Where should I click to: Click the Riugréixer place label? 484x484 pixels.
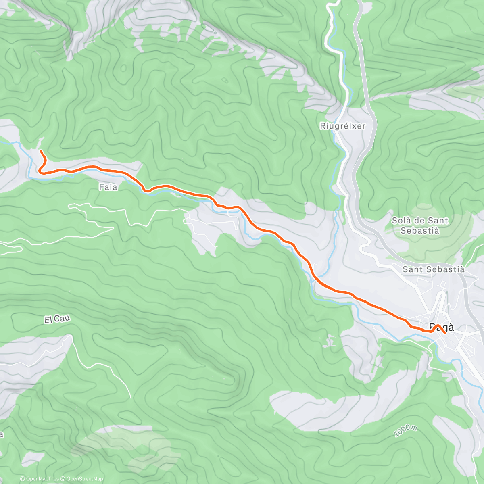click(x=342, y=126)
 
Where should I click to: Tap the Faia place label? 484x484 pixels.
click(x=108, y=187)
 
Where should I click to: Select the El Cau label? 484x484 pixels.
click(x=57, y=319)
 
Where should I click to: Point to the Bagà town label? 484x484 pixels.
click(x=441, y=327)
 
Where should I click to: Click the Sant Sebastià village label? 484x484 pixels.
click(x=434, y=269)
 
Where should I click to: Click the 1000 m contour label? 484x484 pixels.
click(x=405, y=430)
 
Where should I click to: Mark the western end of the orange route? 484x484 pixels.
click(x=41, y=151)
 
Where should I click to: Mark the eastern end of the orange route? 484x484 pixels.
click(x=444, y=333)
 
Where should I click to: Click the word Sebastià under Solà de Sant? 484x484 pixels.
click(x=420, y=231)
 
